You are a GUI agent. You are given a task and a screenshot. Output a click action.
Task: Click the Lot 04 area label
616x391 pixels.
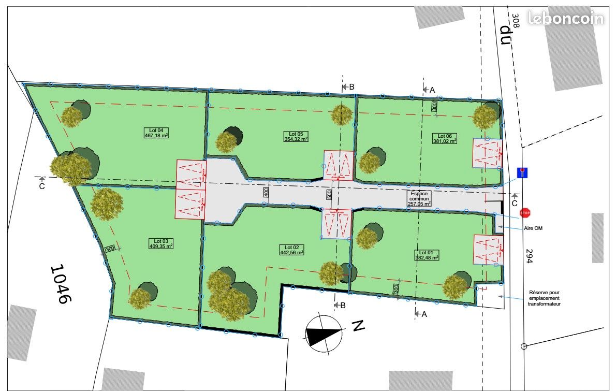click(157, 133)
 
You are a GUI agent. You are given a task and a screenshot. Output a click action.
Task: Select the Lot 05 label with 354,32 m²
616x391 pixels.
click(296, 136)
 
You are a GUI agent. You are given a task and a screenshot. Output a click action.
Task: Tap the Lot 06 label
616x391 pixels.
click(445, 138)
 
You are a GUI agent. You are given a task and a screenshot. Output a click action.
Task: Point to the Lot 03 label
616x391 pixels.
click(160, 244)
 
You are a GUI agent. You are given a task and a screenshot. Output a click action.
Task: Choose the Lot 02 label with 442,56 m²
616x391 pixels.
click(291, 250)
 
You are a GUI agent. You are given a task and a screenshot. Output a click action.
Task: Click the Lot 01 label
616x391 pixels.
click(427, 255)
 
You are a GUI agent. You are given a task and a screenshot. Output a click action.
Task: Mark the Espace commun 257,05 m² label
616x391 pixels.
click(420, 197)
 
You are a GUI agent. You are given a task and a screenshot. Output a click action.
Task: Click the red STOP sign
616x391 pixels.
click(525, 213)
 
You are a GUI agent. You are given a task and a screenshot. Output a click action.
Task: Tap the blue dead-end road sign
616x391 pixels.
click(523, 172)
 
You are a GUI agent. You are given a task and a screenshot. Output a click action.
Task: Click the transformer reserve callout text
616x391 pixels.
click(544, 298)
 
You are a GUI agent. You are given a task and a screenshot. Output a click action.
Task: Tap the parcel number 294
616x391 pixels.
click(529, 256)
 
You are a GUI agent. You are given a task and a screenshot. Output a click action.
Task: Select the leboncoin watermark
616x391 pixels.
click(565, 19)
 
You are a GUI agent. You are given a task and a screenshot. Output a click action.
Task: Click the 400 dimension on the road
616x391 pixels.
click(267, 193)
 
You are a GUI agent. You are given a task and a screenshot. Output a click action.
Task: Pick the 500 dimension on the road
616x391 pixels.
click(328, 195)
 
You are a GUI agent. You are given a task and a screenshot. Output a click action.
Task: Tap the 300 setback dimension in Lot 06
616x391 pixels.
click(434, 106)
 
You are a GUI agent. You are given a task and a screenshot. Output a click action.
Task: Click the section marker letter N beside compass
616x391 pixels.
click(357, 326)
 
